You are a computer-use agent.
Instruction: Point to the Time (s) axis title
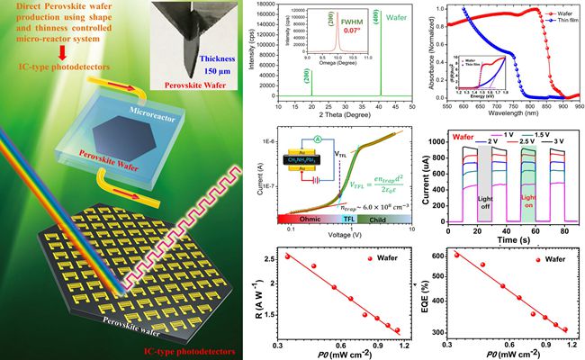pos(508,242)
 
